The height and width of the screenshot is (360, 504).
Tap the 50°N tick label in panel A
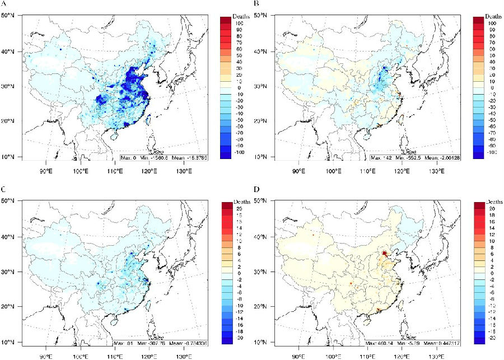pyautogui.click(x=9, y=16)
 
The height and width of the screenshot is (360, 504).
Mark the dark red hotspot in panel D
pyautogui.click(x=384, y=254)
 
